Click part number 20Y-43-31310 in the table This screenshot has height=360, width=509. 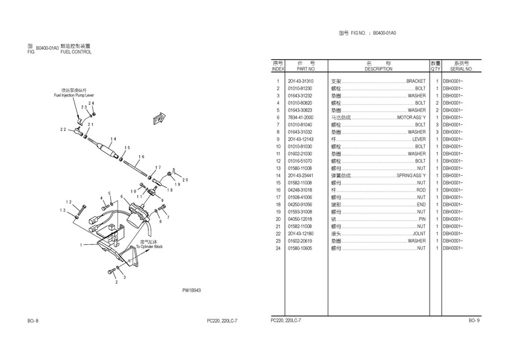point(301,81)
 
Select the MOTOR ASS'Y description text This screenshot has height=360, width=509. point(411,118)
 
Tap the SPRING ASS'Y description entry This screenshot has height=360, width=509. point(411,176)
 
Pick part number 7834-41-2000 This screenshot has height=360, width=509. point(301,118)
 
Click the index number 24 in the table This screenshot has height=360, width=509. point(278,248)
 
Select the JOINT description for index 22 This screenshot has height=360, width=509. point(419,233)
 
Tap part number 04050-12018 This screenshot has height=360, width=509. point(301,219)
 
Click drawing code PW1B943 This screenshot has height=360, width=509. point(191,290)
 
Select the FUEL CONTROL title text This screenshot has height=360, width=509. point(76,53)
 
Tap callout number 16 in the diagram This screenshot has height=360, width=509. point(141,156)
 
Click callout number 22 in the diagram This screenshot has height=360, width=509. point(62,130)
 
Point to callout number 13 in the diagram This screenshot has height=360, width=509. point(62,210)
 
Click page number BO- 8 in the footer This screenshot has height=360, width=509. point(33,320)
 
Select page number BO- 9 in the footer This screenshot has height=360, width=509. point(474,320)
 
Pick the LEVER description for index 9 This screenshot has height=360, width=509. point(419,139)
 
